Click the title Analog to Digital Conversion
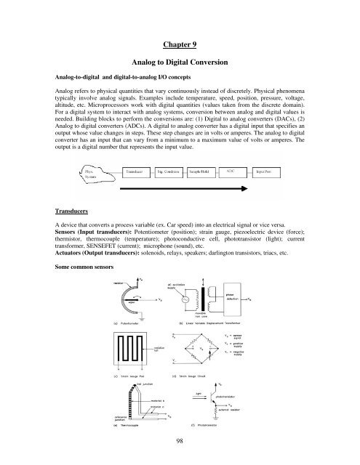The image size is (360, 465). coord(180,62)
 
